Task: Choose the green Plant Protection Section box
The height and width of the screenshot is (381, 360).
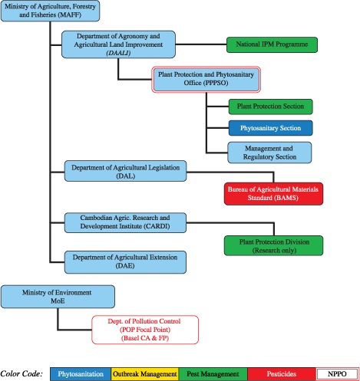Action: (270, 107)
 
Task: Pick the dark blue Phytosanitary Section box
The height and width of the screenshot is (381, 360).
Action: (270, 128)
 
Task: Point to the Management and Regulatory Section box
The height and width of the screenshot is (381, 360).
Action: (270, 152)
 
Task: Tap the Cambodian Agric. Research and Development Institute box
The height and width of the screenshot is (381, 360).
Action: (125, 222)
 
